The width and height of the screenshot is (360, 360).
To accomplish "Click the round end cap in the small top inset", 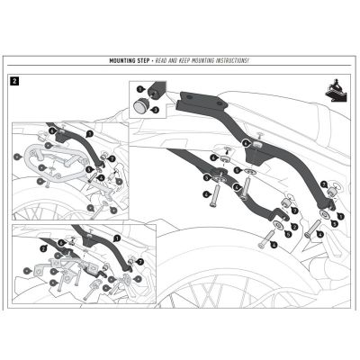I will click(x=142, y=105).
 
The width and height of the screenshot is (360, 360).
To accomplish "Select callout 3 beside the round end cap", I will click(x=155, y=109).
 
